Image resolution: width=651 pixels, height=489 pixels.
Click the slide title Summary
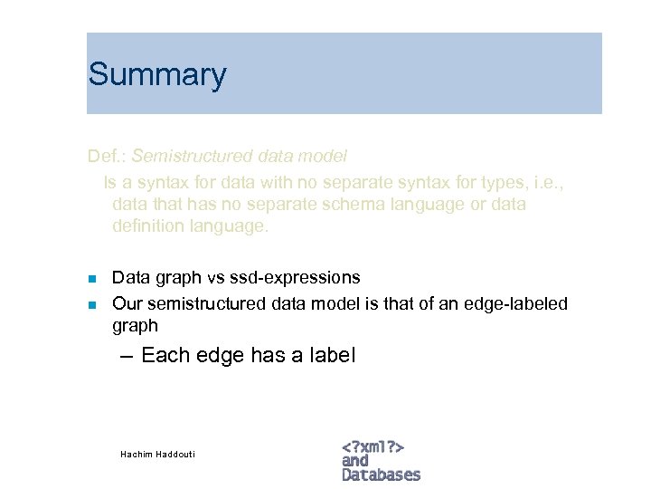tap(156, 75)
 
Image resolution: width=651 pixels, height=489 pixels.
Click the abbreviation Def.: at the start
tap(107, 158)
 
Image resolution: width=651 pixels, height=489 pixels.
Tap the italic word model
tap(325, 158)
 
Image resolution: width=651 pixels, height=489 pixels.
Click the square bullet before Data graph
tap(91, 278)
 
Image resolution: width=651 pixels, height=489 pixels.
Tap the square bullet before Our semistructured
tap(91, 303)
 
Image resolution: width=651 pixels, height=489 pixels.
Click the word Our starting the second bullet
tap(127, 302)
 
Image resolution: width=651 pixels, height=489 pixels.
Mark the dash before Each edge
tap(127, 356)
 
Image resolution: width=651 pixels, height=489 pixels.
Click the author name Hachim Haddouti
tap(157, 454)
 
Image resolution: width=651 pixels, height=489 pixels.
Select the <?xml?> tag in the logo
tap(373, 446)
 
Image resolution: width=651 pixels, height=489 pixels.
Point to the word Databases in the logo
tap(381, 475)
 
